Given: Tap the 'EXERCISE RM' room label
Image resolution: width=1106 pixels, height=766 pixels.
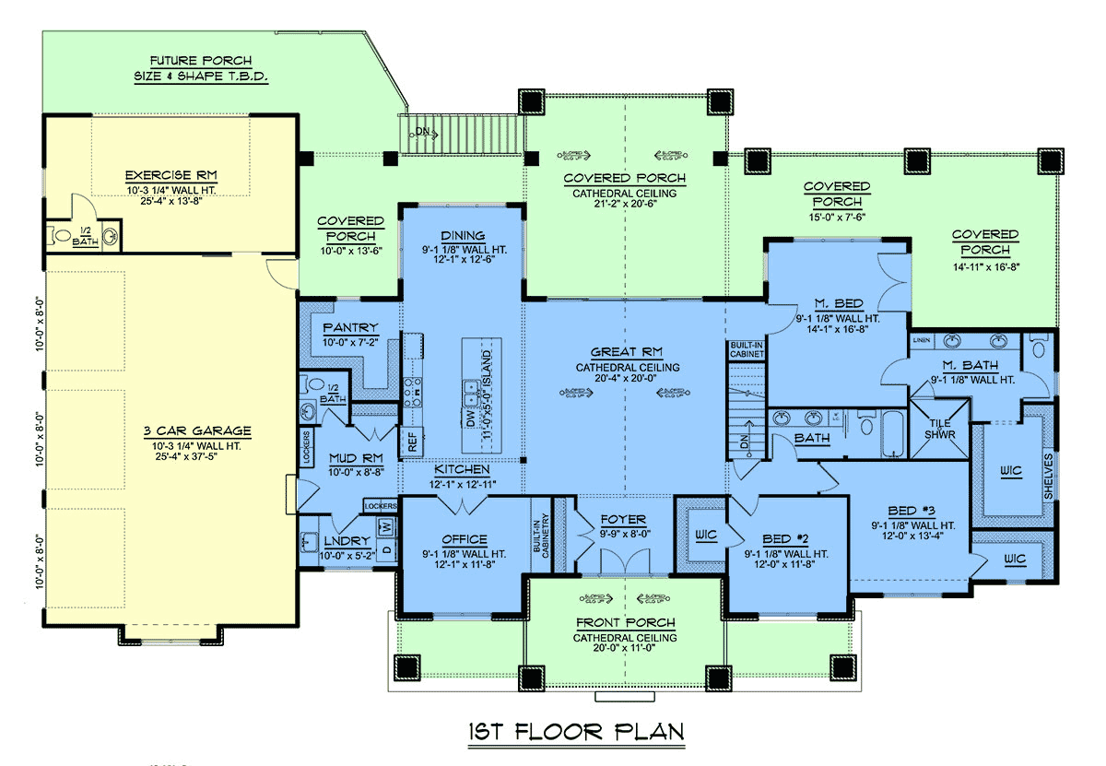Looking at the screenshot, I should coord(171,174).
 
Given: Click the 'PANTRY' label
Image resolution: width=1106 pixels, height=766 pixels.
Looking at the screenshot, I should coord(350,328).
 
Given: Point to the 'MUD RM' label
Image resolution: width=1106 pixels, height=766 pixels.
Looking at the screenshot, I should coord(354,459).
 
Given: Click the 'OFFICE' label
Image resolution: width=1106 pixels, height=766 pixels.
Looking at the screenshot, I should coord(464,540).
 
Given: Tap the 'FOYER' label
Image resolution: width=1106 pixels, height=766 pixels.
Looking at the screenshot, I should coord(624,519).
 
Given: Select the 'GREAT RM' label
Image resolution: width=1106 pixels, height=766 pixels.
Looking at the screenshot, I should coord(628,352).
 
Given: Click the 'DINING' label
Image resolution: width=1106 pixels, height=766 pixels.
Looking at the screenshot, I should coord(463,236).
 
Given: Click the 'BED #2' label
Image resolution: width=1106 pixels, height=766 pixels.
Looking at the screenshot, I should coord(787,540).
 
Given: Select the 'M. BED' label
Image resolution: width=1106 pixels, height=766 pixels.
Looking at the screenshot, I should coord(838,305).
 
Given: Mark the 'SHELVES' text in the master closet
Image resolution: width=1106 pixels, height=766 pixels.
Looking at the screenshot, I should coord(1049,476).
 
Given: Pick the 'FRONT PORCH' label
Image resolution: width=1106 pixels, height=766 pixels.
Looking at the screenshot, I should coord(624,623).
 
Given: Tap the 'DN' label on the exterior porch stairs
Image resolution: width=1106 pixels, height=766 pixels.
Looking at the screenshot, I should coord(423,132).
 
